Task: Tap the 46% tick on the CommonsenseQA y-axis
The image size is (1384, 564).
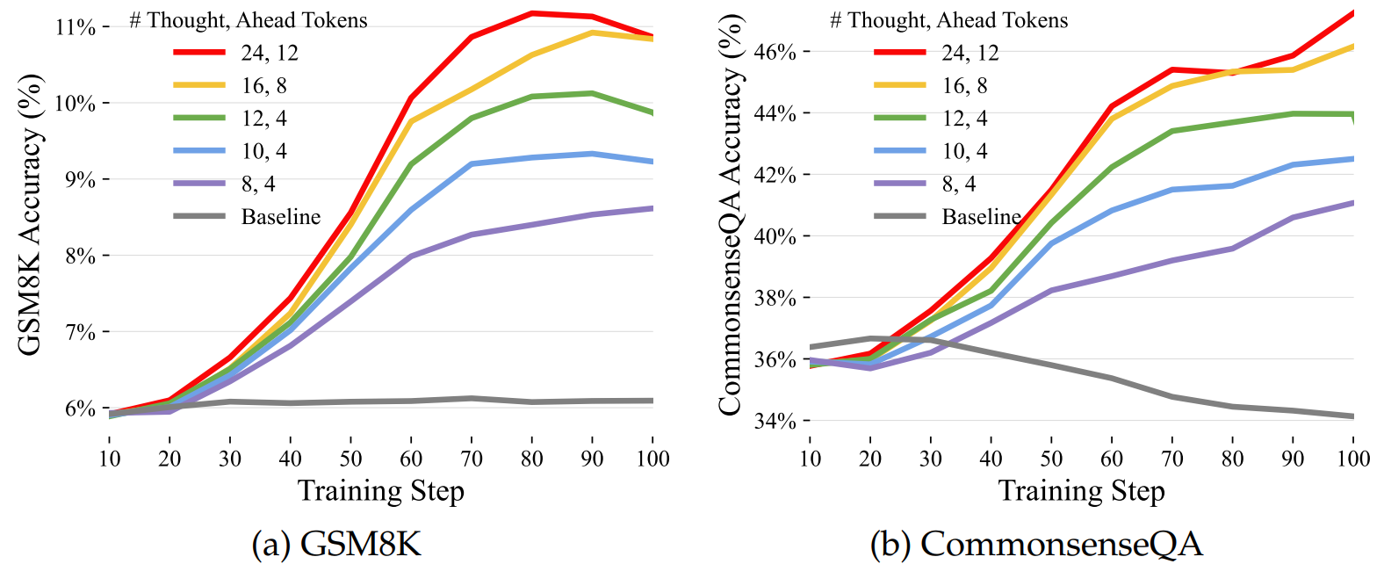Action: coord(776,52)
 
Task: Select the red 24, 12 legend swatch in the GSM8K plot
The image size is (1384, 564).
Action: coord(199,53)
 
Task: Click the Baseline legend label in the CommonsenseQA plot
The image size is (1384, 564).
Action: coord(981,217)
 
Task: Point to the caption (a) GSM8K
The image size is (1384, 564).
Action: coord(336,544)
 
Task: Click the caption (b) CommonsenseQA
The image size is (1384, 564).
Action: coord(1036,544)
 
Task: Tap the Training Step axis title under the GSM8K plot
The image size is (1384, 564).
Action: coord(380,490)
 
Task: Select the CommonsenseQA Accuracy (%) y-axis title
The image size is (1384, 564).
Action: coord(730,215)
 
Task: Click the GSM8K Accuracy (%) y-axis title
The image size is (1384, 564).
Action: coord(30,215)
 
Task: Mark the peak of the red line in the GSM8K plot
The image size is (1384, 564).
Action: coord(532,13)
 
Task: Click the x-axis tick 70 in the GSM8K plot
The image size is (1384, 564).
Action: coord(472,459)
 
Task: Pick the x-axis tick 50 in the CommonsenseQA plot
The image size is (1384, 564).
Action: coord(1051,459)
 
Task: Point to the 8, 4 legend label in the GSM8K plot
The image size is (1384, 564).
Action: coord(258,184)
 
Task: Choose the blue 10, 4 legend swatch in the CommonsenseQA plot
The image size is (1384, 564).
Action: coord(900,151)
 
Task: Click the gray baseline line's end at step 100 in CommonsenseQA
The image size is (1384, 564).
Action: coord(1352,416)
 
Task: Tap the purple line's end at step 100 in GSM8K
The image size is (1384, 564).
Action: coord(652,208)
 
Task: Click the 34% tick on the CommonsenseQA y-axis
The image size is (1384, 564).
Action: coord(776,421)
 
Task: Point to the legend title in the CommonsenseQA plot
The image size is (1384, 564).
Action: coord(948,20)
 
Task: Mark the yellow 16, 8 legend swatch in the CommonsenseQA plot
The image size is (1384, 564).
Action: coord(900,85)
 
